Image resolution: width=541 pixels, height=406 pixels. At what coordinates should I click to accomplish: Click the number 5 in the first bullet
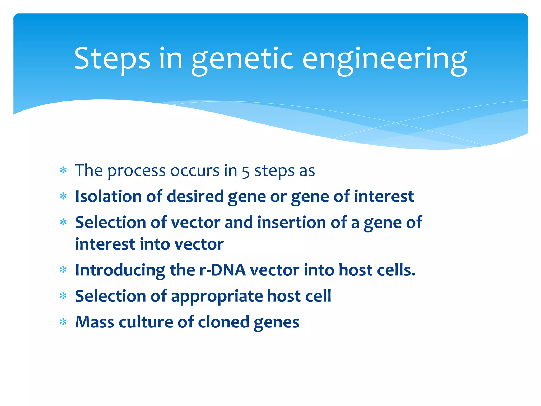point(245,171)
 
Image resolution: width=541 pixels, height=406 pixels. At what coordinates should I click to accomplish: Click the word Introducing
point(120,270)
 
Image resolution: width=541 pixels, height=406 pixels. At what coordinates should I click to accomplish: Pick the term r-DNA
point(222,270)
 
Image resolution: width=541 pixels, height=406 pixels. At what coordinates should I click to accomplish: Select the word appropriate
point(217,296)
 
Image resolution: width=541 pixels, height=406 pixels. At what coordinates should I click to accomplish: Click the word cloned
point(223,322)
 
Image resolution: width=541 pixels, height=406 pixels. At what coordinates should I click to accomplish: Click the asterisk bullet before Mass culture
point(63,322)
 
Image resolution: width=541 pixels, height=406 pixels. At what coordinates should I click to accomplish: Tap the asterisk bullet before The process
point(63,170)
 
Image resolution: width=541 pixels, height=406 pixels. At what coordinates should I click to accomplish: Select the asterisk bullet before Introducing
point(63,270)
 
